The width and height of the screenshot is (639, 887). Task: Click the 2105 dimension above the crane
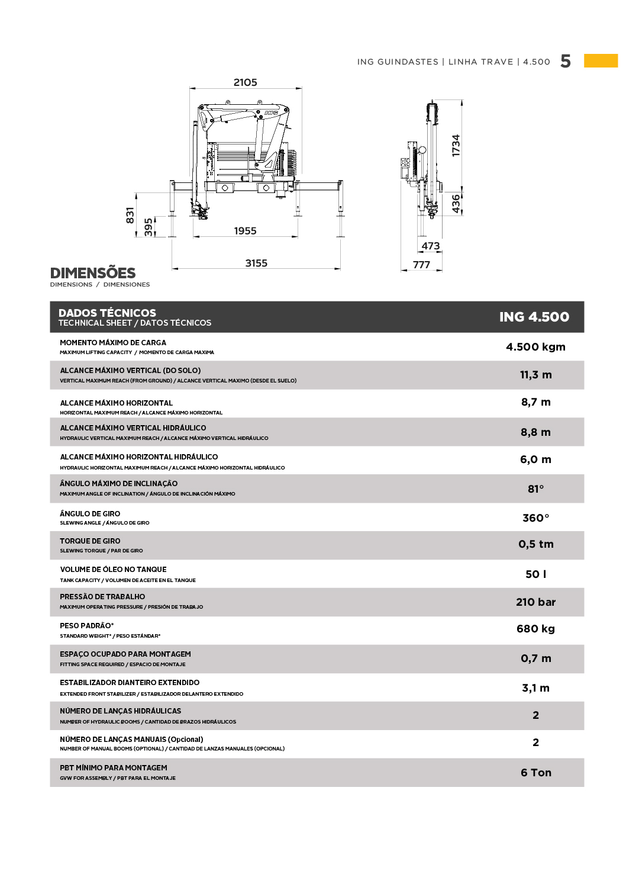coord(245,82)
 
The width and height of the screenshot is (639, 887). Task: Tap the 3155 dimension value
coord(256,263)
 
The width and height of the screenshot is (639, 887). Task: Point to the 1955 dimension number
coord(245,231)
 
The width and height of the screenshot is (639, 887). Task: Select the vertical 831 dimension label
coord(130,216)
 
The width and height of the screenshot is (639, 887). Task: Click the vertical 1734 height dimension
coord(456,146)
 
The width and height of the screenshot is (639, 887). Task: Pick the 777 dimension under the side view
coord(421,265)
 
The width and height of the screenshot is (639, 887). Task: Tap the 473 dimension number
coord(431,246)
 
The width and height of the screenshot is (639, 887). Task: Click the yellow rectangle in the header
coord(601,60)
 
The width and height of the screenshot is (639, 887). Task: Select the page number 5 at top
coord(566,62)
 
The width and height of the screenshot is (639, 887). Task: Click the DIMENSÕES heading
coord(93,273)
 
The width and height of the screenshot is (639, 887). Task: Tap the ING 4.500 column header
coord(534,317)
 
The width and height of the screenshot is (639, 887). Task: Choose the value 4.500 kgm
coord(535,347)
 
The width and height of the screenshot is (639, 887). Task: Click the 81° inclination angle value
coord(535,489)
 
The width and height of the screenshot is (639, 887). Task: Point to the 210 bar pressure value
coord(535,602)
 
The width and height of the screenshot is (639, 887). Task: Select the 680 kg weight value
coord(535,629)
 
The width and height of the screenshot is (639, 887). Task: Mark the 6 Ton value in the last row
coord(535,773)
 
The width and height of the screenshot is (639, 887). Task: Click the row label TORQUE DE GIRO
coord(90,541)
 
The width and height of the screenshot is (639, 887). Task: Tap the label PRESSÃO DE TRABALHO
coord(102,597)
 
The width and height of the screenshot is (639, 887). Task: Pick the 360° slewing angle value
coord(535,518)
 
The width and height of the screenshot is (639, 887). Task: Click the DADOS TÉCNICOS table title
coord(107,313)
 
